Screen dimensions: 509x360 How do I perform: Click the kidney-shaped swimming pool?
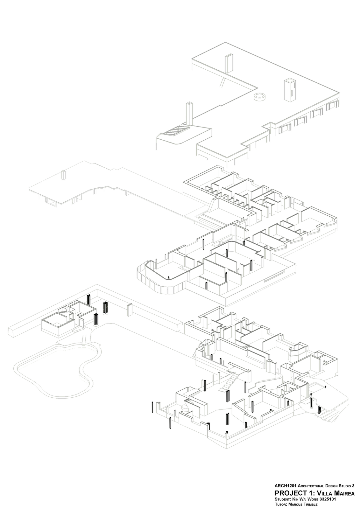[54, 369]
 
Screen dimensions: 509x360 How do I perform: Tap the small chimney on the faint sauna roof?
[64, 175]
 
